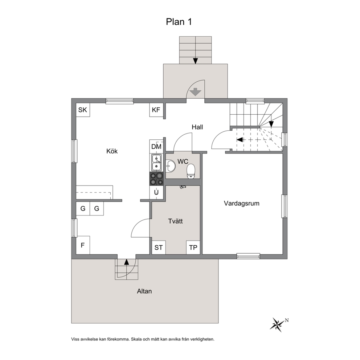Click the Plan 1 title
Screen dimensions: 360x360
(179, 22)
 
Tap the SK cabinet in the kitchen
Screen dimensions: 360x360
(83, 110)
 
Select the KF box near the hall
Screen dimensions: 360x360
(156, 110)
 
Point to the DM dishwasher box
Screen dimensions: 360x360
(156, 147)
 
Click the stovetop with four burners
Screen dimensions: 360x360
(156, 179)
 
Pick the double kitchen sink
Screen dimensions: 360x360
(156, 163)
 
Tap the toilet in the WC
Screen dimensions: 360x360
(191, 171)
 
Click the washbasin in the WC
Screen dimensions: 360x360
(170, 166)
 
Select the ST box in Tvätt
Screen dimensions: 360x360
(159, 247)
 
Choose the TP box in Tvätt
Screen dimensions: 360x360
(193, 247)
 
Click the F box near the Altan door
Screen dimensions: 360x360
(83, 245)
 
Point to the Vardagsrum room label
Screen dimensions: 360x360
(242, 204)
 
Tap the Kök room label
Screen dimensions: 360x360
(112, 151)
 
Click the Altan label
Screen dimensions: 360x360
(144, 291)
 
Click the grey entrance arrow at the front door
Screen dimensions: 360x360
(195, 92)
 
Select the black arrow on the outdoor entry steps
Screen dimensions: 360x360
(195, 61)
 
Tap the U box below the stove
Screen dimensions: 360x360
(156, 192)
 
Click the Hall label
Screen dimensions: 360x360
(197, 127)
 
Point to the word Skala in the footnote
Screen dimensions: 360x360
(136, 339)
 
